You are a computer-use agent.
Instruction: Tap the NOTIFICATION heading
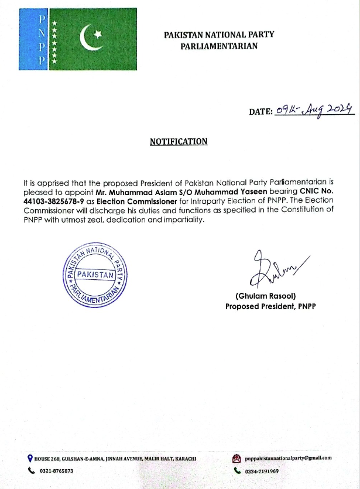pos(179,141)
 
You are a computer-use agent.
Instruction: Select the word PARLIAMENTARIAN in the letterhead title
pos(219,45)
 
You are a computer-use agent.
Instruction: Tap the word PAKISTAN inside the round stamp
pos(95,274)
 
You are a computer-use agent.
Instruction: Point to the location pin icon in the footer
pos(30,459)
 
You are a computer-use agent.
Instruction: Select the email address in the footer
pos(288,459)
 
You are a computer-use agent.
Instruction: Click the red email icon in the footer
pos(236,459)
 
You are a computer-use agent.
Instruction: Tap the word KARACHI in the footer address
pos(182,459)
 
